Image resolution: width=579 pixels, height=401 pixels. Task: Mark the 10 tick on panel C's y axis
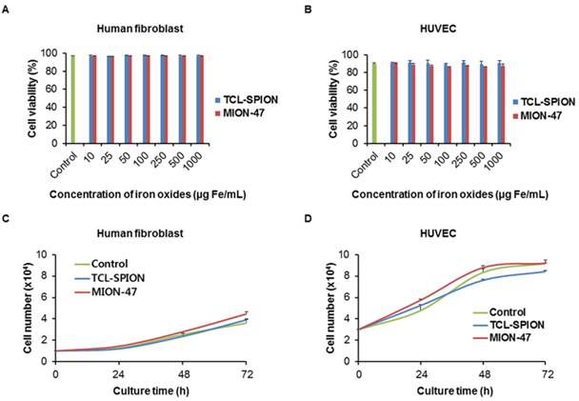[x=47, y=254]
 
